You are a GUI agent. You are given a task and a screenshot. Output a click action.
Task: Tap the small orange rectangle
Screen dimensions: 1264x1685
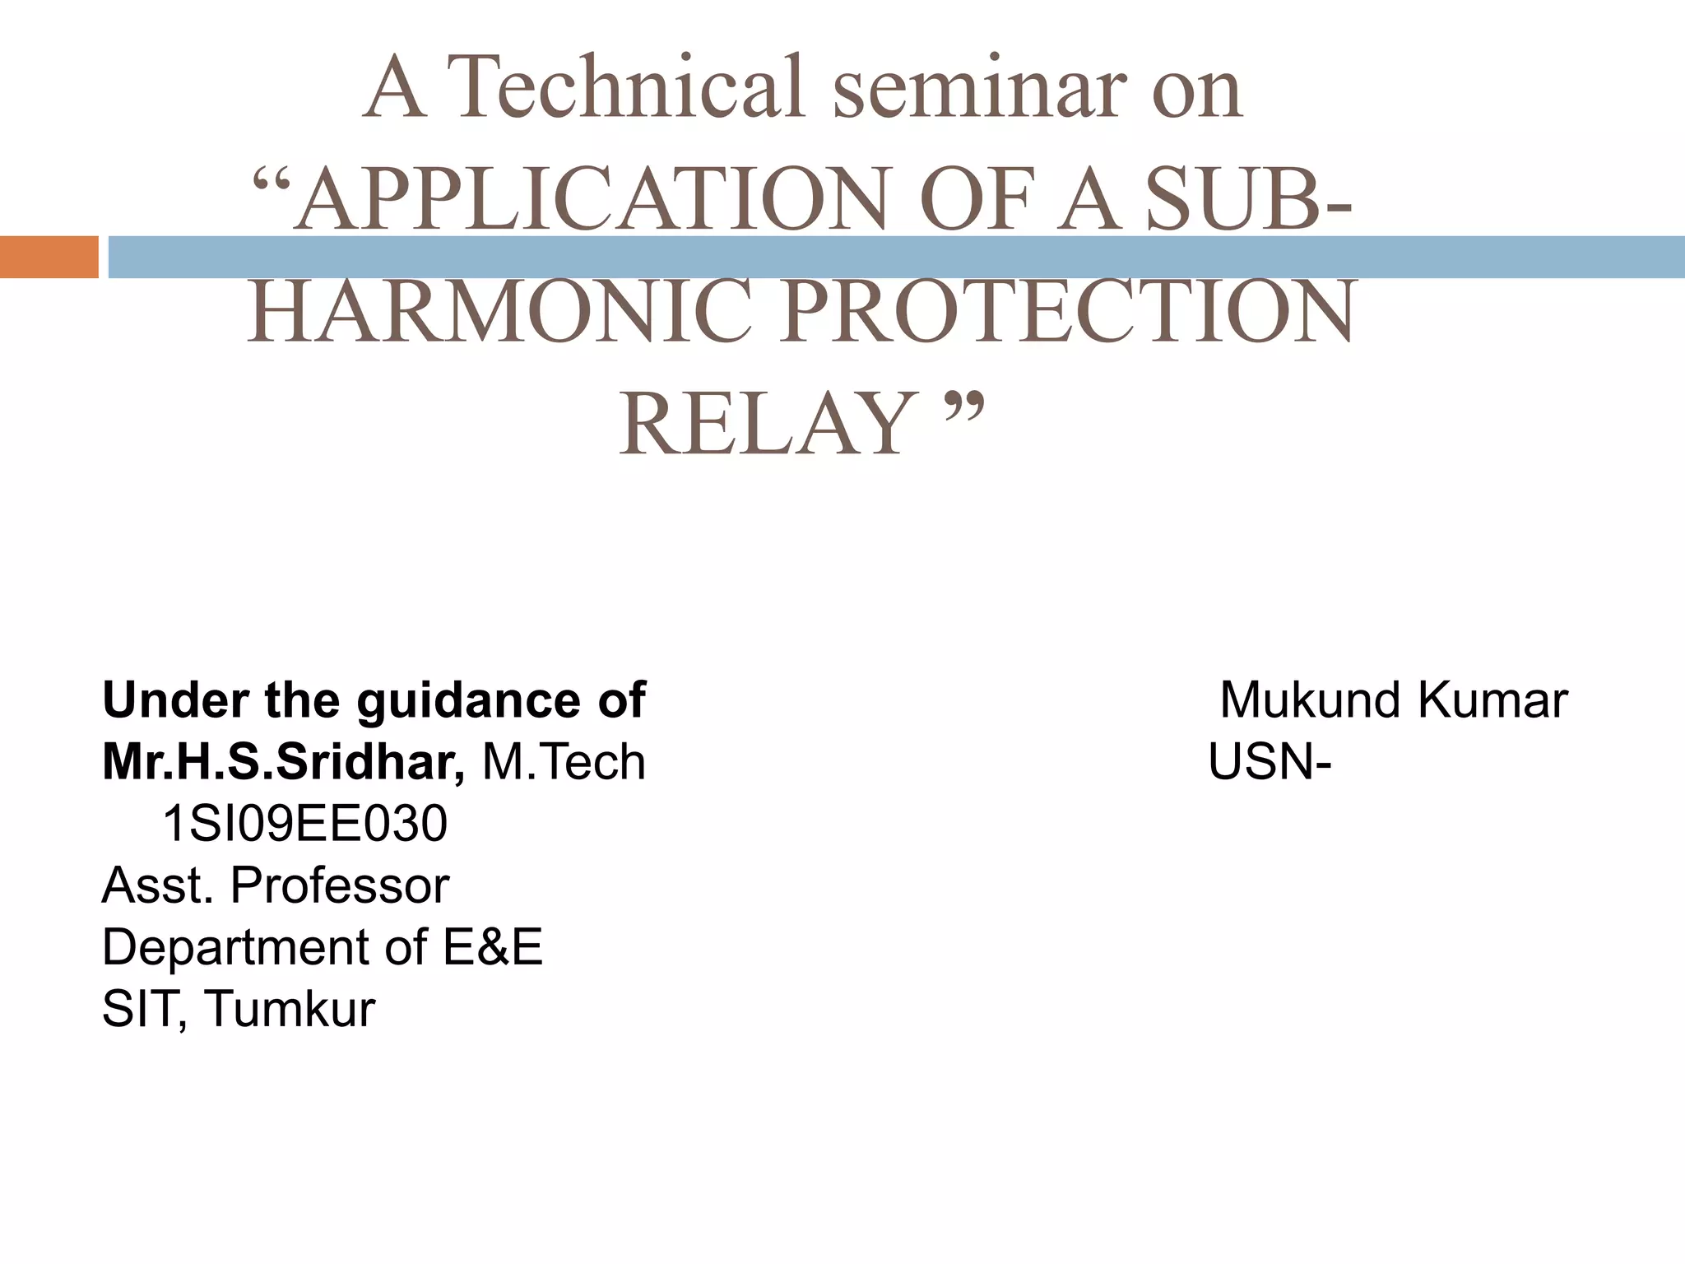[x=49, y=257]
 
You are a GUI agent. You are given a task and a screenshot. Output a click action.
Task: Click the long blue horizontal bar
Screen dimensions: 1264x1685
[x=897, y=258]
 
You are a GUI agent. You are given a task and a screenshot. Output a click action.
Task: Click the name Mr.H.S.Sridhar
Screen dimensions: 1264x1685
[x=283, y=762]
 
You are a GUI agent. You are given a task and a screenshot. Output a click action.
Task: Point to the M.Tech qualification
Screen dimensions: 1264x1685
[x=564, y=762]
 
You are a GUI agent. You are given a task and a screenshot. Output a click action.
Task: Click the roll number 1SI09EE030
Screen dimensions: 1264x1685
[x=305, y=824]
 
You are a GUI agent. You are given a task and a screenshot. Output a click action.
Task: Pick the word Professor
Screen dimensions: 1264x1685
[x=339, y=885]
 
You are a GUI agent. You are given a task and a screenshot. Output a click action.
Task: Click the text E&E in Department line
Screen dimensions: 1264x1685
[x=493, y=947]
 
